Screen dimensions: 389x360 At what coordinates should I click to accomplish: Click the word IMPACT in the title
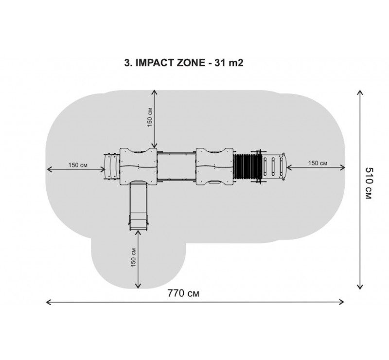pyautogui.click(x=155, y=63)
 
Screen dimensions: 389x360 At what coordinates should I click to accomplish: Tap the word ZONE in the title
pyautogui.click(x=191, y=63)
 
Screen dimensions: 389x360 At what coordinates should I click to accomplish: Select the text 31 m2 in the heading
pyautogui.click(x=229, y=63)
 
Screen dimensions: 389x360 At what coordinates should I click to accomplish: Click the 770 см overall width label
pyautogui.click(x=183, y=293)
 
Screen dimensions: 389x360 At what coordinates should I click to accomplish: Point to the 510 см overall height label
pyautogui.click(x=369, y=183)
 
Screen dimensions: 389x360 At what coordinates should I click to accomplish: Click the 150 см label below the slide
pyautogui.click(x=133, y=257)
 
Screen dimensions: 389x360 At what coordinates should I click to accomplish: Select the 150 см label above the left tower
pyautogui.click(x=150, y=117)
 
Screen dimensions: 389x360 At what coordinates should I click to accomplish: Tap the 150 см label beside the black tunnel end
pyautogui.click(x=318, y=163)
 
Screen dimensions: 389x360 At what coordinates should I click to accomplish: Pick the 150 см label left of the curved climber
pyautogui.click(x=78, y=165)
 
